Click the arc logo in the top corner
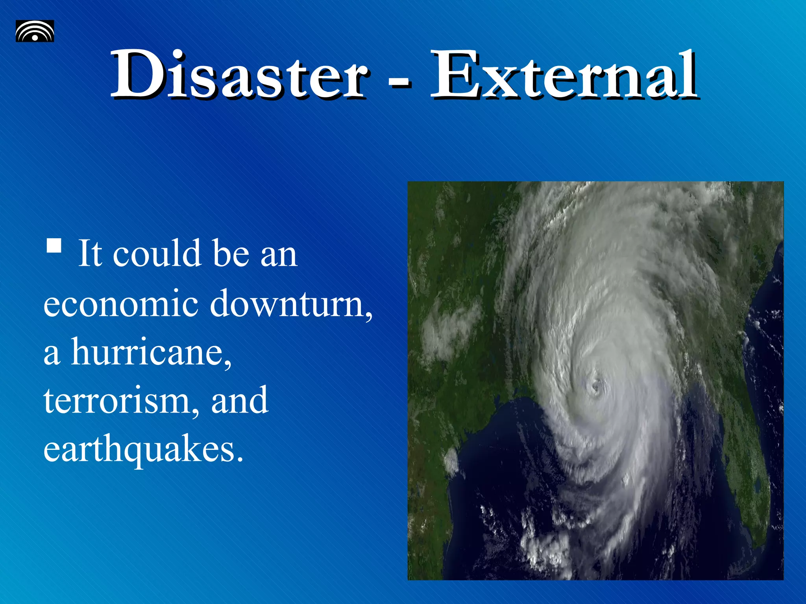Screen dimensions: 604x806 pyautogui.click(x=35, y=31)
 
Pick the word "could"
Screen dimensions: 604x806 pyautogui.click(x=157, y=254)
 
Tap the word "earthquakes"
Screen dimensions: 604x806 pyautogui.click(x=143, y=450)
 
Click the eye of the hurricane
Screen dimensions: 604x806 pyautogui.click(x=595, y=387)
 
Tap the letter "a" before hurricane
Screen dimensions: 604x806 pyautogui.click(x=52, y=354)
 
